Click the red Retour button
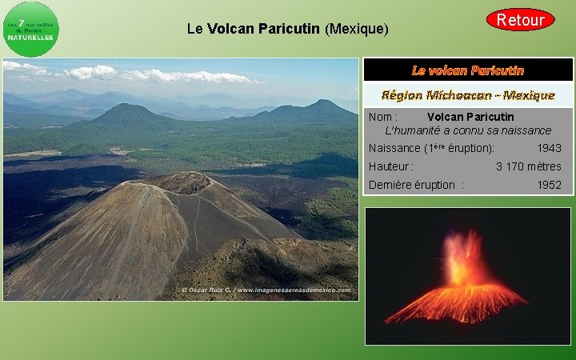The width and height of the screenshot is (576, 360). (520, 19)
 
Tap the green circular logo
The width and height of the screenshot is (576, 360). (30, 30)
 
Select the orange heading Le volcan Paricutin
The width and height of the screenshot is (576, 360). (468, 70)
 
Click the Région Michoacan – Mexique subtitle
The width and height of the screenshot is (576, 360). (468, 95)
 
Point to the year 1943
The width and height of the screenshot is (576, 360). (549, 148)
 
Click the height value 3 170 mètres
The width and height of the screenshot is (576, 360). (528, 166)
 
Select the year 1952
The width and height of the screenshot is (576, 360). (549, 185)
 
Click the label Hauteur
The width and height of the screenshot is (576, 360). (390, 166)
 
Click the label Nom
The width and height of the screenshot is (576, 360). (383, 117)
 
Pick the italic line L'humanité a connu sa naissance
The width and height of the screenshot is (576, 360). (468, 130)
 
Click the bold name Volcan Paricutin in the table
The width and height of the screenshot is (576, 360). (470, 117)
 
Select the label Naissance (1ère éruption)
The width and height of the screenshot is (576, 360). (431, 148)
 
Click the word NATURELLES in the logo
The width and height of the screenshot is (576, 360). (31, 38)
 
